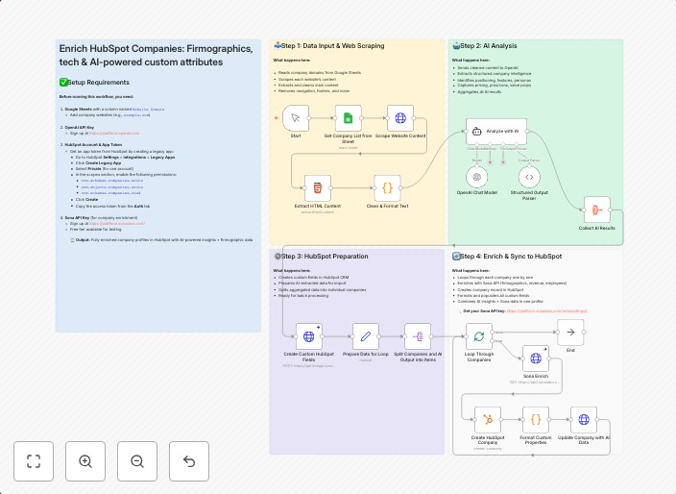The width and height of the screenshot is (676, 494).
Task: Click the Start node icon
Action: pyautogui.click(x=297, y=118)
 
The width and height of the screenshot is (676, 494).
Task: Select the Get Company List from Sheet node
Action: pyautogui.click(x=349, y=118)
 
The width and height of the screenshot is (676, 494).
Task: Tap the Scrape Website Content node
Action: pyautogui.click(x=400, y=118)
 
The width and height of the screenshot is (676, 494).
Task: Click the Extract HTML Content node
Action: pyautogui.click(x=318, y=187)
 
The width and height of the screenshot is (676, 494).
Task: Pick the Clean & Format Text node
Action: pyautogui.click(x=387, y=187)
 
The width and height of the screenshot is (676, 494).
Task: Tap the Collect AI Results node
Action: pyautogui.click(x=597, y=210)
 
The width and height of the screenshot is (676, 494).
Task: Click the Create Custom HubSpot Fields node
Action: pyautogui.click(x=309, y=336)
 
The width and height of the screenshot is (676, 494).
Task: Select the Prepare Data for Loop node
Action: pyautogui.click(x=366, y=336)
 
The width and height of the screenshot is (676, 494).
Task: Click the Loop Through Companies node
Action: pyautogui.click(x=478, y=335)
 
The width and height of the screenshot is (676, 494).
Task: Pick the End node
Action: pyautogui.click(x=570, y=333)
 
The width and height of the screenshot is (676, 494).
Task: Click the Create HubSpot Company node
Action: pyautogui.click(x=490, y=419)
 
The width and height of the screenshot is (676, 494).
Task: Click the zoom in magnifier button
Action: pyautogui.click(x=85, y=461)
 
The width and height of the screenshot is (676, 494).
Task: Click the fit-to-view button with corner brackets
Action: pyautogui.click(x=34, y=461)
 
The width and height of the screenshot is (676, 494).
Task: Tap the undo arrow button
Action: pyautogui.click(x=189, y=461)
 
